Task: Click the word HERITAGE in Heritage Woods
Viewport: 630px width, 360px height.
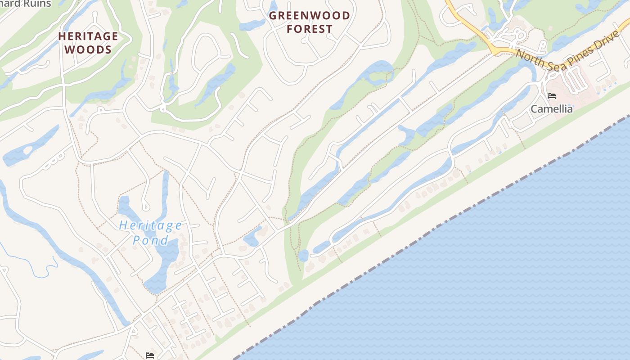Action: tap(88, 36)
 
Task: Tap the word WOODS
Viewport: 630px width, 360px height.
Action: tap(88, 49)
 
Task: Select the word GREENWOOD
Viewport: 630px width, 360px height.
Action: tap(310, 16)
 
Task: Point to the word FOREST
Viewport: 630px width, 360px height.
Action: tap(310, 29)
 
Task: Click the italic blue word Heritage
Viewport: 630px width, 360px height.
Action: tap(151, 225)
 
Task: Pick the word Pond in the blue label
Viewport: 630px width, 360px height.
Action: tap(151, 240)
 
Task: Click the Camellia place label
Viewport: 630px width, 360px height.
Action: tap(552, 109)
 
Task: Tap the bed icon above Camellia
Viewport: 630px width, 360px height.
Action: tap(552, 96)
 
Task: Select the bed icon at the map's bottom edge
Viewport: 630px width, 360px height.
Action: tap(150, 355)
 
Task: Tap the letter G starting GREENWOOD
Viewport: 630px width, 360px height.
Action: tap(273, 16)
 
